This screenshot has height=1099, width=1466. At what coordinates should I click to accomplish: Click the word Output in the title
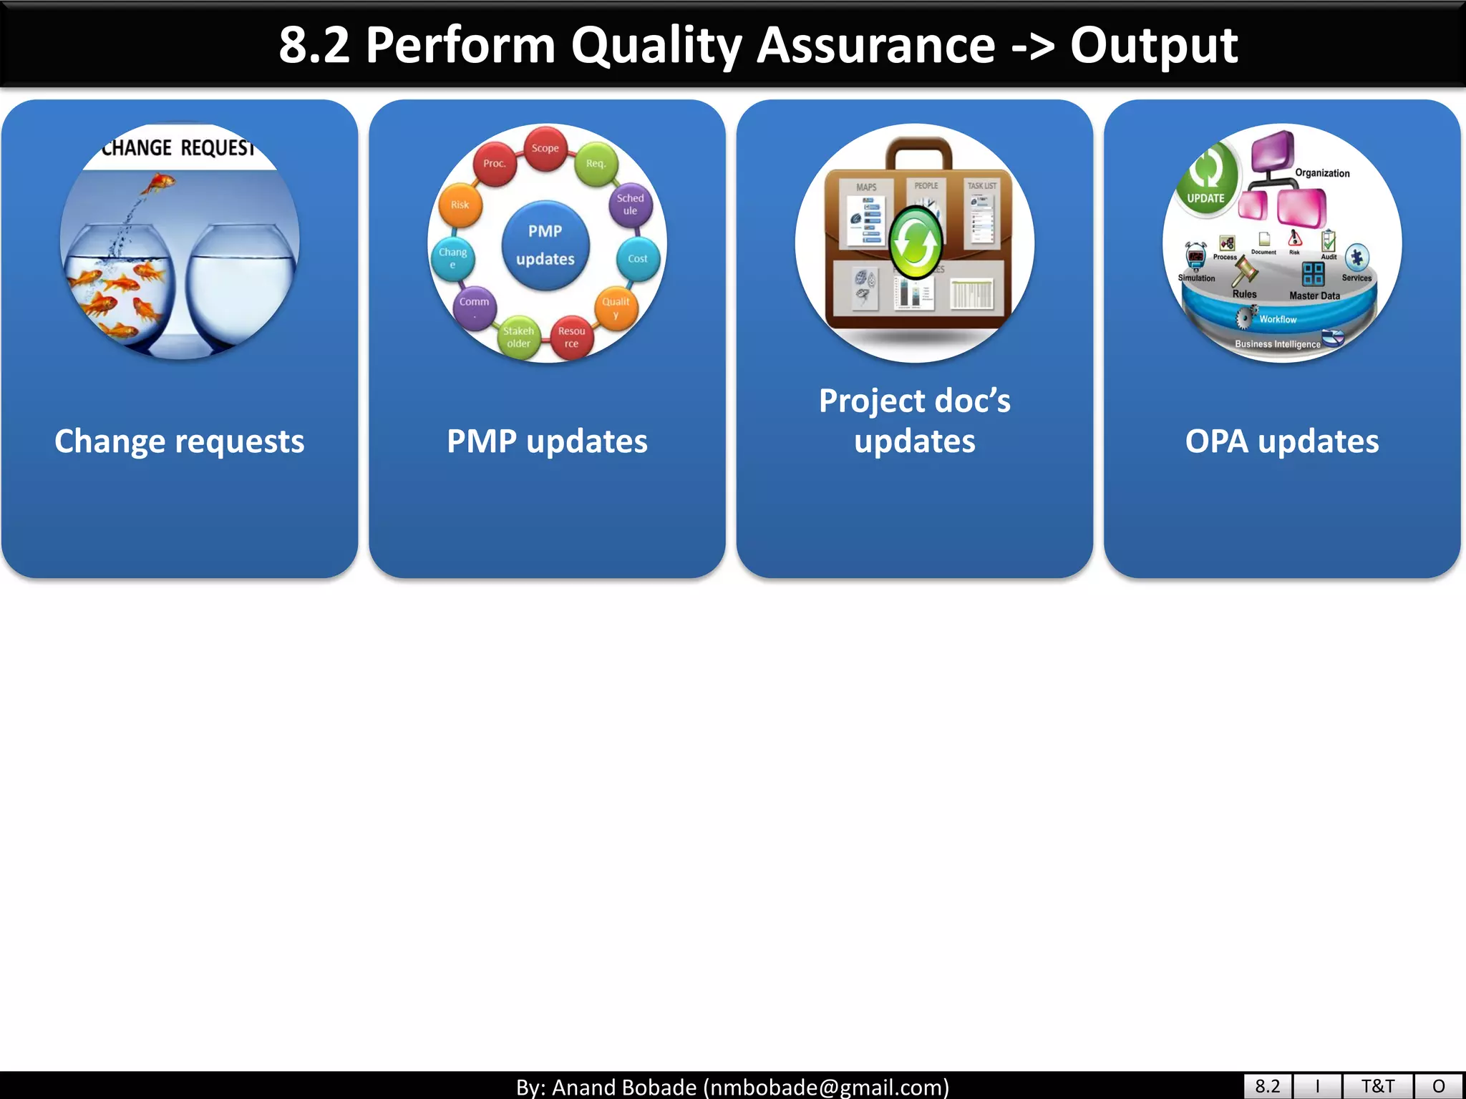point(1153,45)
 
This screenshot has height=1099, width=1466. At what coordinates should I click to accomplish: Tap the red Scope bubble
point(545,148)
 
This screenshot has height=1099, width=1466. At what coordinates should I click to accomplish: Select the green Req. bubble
point(596,164)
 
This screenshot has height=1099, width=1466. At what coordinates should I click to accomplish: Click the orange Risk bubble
point(460,205)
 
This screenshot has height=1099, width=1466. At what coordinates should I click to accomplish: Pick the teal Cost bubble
point(637,258)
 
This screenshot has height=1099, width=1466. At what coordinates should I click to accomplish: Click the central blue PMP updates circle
point(545,245)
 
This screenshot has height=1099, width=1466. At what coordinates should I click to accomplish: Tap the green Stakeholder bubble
point(518,337)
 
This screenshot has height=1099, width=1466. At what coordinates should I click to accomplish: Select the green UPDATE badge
point(1208,179)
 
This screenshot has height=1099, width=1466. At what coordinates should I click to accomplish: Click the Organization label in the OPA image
point(1322,173)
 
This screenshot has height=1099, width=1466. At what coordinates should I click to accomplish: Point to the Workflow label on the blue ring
point(1278,319)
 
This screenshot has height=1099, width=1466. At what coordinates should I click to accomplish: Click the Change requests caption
point(180,441)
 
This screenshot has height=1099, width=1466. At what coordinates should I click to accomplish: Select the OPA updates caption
point(1281,441)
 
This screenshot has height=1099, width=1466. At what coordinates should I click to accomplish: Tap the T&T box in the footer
point(1377,1086)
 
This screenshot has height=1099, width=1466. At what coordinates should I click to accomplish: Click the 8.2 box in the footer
point(1267,1086)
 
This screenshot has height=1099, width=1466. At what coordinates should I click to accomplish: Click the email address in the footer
point(826,1087)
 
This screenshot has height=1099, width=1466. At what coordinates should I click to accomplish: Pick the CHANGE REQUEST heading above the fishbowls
point(178,148)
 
